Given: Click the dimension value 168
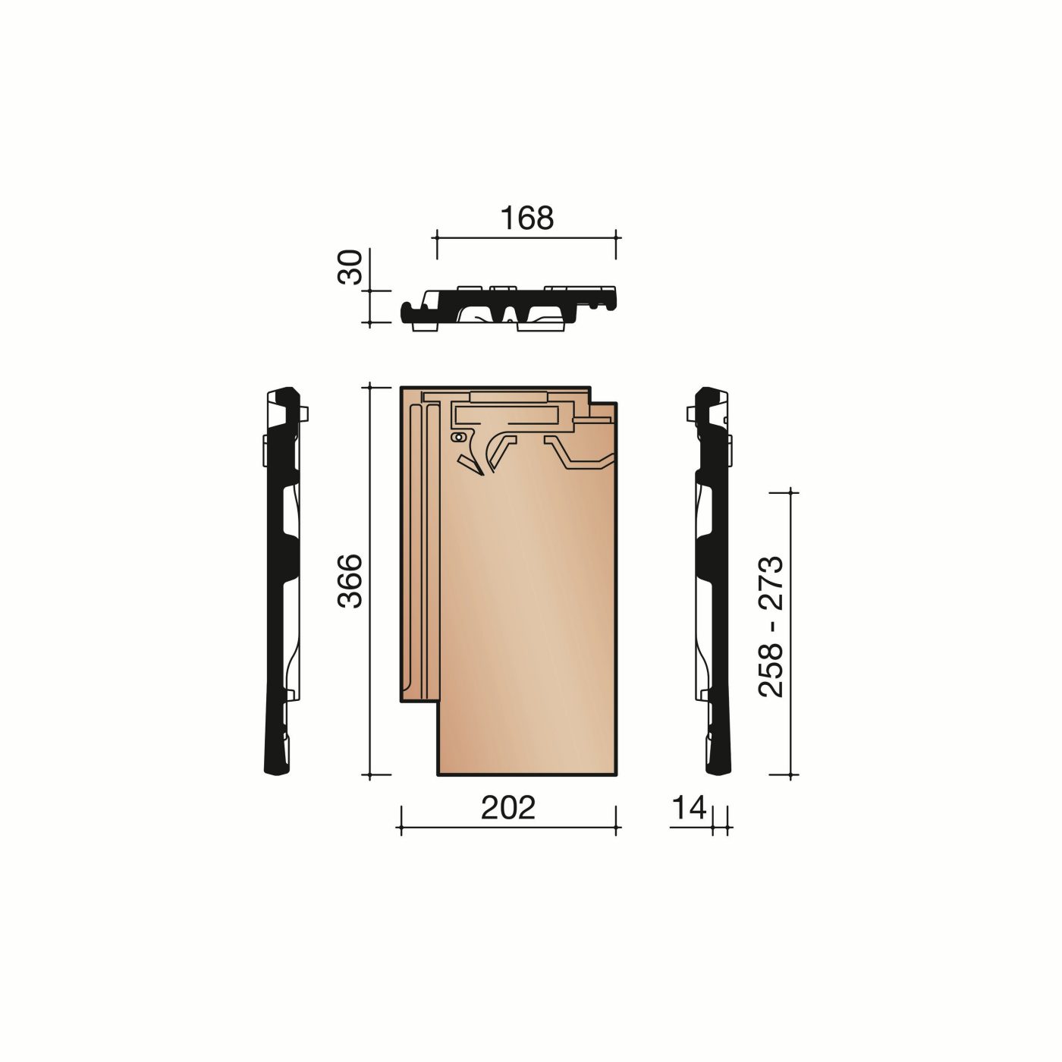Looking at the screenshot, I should pos(527,218).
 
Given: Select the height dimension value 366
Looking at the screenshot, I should pos(350,581).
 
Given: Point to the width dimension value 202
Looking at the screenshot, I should pos(507,808).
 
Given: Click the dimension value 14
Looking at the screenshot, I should pos(689,808).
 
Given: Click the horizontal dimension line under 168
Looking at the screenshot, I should pos(526,237).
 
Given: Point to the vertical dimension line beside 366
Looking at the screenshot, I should pos(369,581).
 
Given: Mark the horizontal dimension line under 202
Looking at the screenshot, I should pos(507,828).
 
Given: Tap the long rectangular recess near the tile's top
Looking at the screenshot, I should pos(507,414).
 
